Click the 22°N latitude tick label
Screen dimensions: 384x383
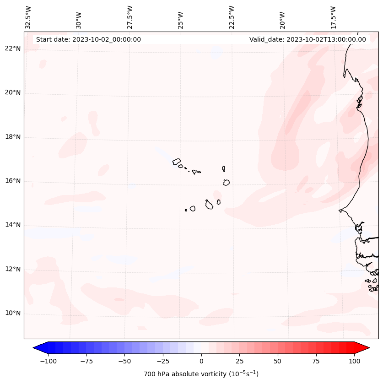tap(13, 49)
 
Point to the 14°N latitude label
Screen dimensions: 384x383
tap(13, 225)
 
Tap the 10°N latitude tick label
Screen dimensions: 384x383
tap(13, 314)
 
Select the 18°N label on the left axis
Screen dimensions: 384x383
tap(13, 137)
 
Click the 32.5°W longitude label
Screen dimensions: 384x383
tap(28, 17)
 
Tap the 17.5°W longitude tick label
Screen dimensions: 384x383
tap(333, 17)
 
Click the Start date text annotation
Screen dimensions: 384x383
tap(88, 39)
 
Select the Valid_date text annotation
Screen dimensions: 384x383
tap(307, 39)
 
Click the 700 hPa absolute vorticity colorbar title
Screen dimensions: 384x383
tap(201, 374)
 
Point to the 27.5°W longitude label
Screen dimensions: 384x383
tap(130, 17)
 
